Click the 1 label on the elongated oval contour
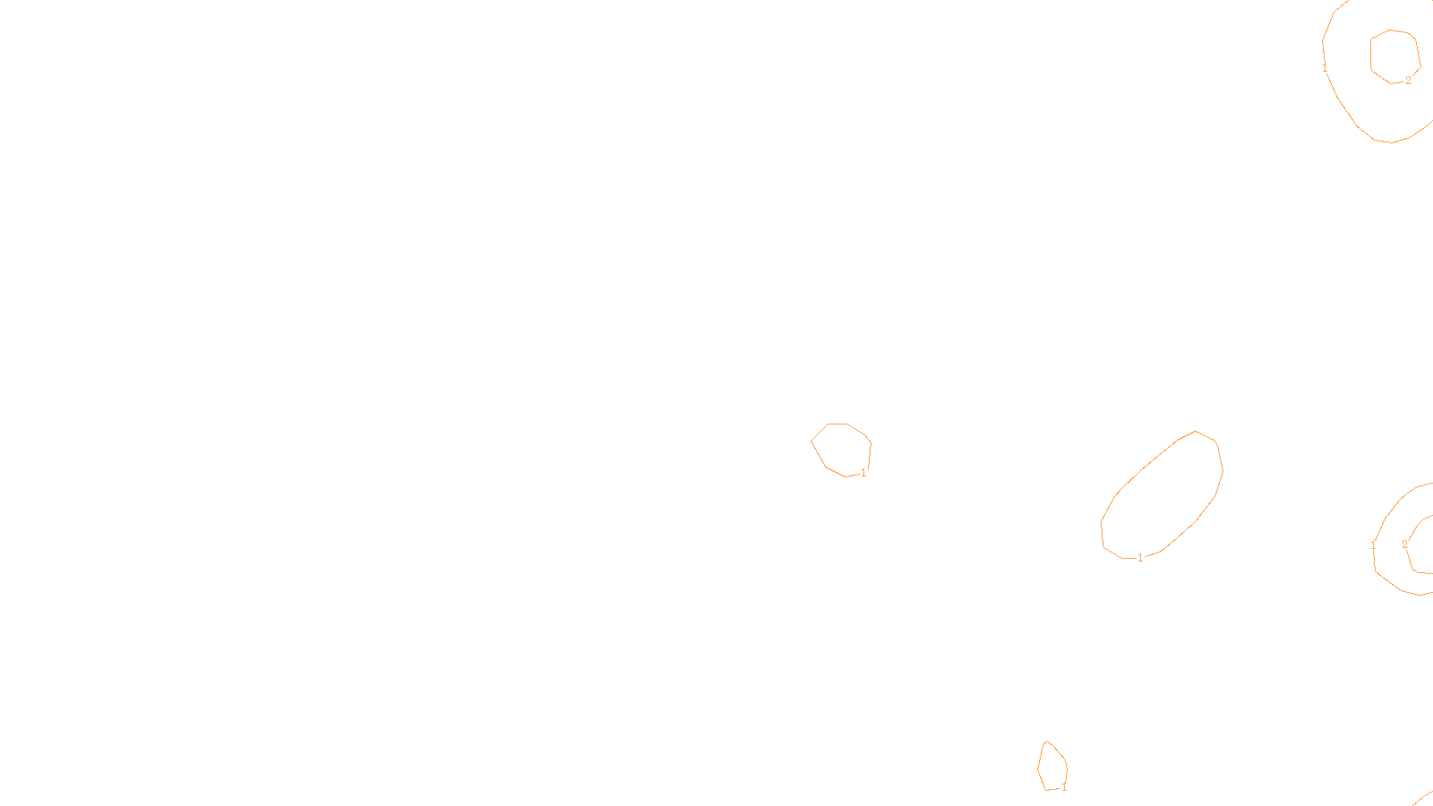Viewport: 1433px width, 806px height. [1140, 558]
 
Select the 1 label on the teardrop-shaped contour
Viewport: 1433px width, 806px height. [1064, 788]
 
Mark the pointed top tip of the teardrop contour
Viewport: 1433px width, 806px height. [1046, 742]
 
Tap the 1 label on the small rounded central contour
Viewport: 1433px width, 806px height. [863, 473]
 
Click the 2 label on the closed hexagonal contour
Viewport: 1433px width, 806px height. [1408, 81]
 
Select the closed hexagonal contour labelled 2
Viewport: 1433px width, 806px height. [1371, 54]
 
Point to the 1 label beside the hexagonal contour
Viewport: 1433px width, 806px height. [1325, 67]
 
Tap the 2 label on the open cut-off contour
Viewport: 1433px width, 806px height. [1404, 544]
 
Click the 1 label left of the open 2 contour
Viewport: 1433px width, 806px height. [1373, 545]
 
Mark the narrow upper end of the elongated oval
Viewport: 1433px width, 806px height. [1197, 432]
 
